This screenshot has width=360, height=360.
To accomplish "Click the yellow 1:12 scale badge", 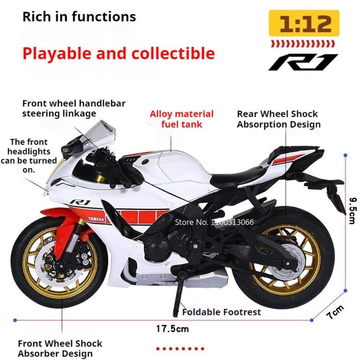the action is pyautogui.click(x=304, y=23).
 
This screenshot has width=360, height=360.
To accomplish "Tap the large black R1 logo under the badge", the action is pyautogui.click(x=303, y=62).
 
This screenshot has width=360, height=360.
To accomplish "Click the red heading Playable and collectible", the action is pyautogui.click(x=119, y=54).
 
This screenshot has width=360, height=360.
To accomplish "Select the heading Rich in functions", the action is pyautogui.click(x=79, y=17).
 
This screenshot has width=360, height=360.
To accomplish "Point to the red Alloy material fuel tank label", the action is pyautogui.click(x=181, y=119).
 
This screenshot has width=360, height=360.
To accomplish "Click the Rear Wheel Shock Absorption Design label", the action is pyautogui.click(x=279, y=119).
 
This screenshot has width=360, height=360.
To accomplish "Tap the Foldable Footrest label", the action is pyautogui.click(x=221, y=312).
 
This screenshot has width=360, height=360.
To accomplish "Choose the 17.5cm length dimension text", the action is pyautogui.click(x=172, y=329).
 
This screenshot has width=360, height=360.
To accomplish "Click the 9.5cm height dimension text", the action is pyautogui.click(x=352, y=211).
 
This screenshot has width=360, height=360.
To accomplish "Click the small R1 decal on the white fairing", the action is pyautogui.click(x=80, y=202).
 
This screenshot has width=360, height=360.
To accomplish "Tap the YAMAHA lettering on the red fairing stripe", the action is pyautogui.click(x=96, y=219).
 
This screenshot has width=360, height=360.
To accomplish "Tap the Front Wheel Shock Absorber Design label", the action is pyautogui.click(x=60, y=348).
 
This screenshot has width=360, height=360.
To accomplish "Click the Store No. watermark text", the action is pyautogui.click(x=214, y=222).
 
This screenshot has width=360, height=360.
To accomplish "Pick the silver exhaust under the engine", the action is pyautogui.click(x=181, y=279).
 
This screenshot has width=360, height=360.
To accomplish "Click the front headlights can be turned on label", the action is pyautogui.click(x=29, y=156).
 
